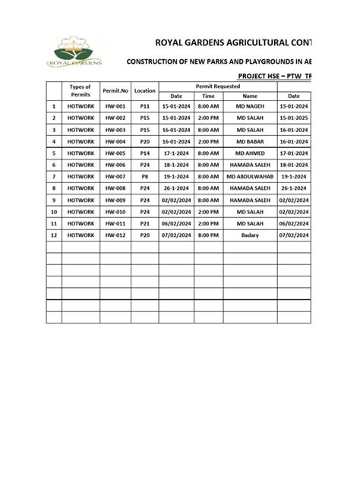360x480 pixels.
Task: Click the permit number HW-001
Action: (114, 107)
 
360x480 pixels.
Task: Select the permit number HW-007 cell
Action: (114, 176)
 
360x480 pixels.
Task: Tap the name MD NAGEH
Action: (250, 107)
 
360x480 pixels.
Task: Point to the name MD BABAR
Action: (250, 141)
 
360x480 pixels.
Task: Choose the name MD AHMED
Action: (250, 153)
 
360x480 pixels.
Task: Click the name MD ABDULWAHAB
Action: (250, 176)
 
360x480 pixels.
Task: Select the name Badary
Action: (250, 236)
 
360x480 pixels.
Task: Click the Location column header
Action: (144, 90)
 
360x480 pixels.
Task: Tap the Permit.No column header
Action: (114, 90)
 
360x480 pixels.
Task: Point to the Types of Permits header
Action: (80, 90)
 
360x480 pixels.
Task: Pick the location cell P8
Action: (144, 176)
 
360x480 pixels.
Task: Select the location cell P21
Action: (144, 224)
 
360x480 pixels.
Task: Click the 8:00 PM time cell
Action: (207, 236)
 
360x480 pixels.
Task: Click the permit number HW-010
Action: (114, 212)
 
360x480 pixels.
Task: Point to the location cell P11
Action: (144, 107)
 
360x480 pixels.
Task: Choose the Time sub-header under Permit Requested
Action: (207, 96)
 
